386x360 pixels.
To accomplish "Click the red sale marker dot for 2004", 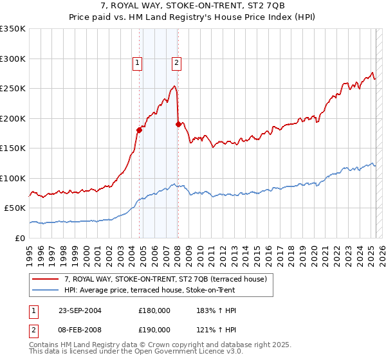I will pos(139,130).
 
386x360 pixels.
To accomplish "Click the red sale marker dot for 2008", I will pos(178,124).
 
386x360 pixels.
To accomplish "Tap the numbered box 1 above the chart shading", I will pos(138,63).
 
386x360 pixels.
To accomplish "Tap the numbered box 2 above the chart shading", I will pos(177,63).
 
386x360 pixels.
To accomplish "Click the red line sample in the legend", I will pos(45,278).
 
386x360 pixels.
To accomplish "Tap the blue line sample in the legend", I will pos(45,289).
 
